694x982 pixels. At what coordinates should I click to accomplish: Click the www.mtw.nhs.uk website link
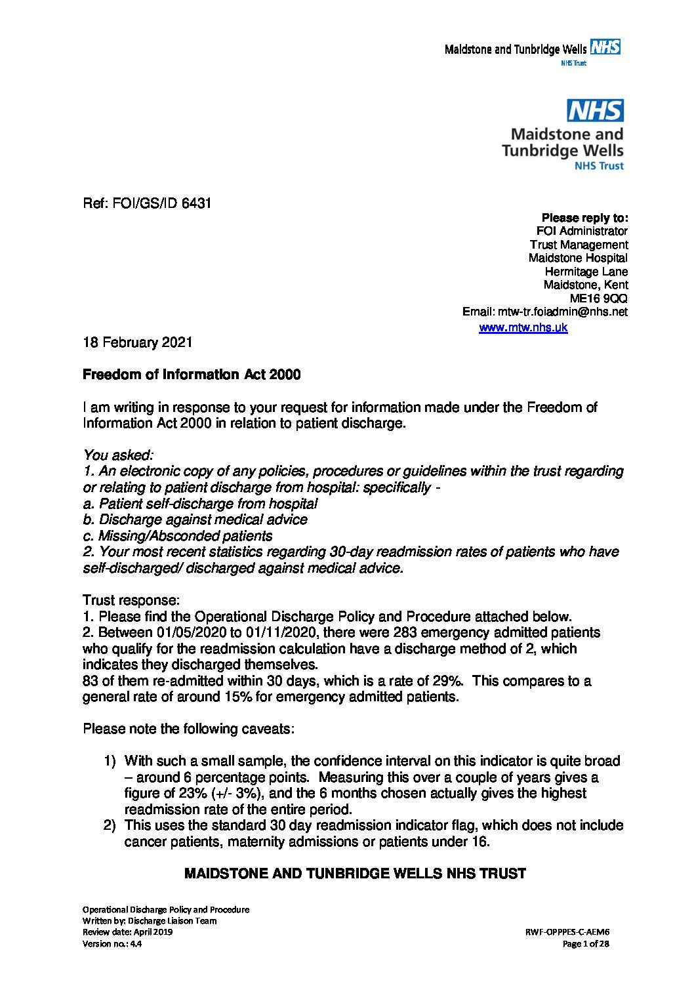tap(523, 327)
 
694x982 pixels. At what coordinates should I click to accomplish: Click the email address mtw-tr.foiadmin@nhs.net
tap(562, 312)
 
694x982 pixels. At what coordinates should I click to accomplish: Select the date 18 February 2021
tap(137, 342)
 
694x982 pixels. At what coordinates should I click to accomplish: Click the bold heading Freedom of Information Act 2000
tap(192, 375)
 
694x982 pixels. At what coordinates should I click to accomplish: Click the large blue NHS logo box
tap(595, 111)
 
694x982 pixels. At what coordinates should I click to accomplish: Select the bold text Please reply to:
tap(584, 217)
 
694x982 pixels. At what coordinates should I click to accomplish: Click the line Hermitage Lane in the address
tap(586, 272)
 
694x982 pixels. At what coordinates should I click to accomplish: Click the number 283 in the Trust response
tap(407, 632)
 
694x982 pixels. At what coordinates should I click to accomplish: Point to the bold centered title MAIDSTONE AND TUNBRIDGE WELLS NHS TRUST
tap(355, 874)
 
